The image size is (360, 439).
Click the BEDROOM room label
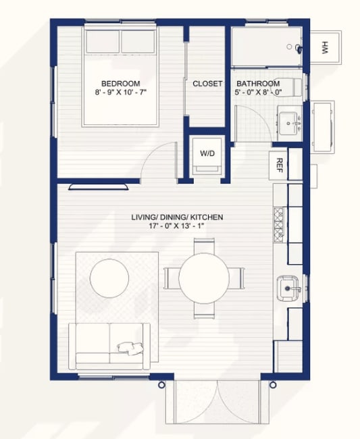tap(121, 84)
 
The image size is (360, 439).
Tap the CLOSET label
tap(207, 84)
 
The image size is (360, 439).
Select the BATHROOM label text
tap(258, 84)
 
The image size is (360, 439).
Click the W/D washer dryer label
tap(207, 153)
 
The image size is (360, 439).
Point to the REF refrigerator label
tap(279, 165)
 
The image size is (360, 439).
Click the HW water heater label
tap(324, 47)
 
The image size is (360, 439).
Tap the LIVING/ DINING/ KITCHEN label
tap(177, 217)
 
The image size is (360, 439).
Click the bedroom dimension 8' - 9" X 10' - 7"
tap(121, 92)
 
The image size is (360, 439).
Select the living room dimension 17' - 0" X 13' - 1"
tap(177, 226)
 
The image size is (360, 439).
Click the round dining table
tap(204, 278)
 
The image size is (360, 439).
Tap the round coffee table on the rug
tap(109, 278)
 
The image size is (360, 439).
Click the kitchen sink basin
tap(288, 288)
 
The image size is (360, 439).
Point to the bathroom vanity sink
tap(288, 123)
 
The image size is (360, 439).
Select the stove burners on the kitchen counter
tap(278, 225)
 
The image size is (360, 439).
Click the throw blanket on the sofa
tap(130, 348)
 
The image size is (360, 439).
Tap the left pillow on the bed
tap(103, 41)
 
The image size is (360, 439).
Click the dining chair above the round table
tap(204, 245)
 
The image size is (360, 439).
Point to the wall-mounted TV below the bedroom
tap(98, 186)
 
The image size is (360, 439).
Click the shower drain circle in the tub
tap(289, 47)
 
